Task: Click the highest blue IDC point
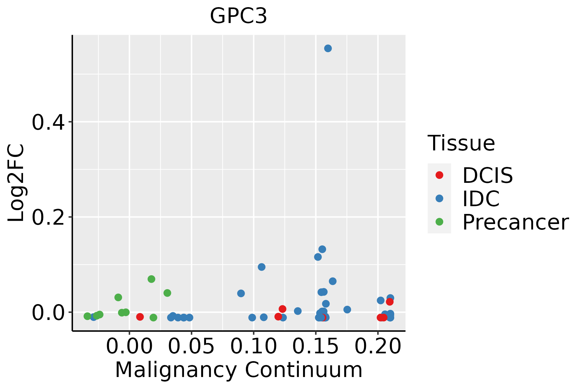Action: [328, 49]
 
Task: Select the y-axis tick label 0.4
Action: [51, 122]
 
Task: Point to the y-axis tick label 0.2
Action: [51, 218]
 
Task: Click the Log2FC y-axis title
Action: [16, 183]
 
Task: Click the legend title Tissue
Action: [461, 143]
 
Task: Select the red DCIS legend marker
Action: [439, 175]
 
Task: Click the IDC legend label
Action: [481, 199]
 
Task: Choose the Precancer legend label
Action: [515, 222]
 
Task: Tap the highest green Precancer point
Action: [151, 279]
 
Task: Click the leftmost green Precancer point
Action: [87, 316]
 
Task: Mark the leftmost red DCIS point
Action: [140, 317]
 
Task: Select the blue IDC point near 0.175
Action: [347, 310]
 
